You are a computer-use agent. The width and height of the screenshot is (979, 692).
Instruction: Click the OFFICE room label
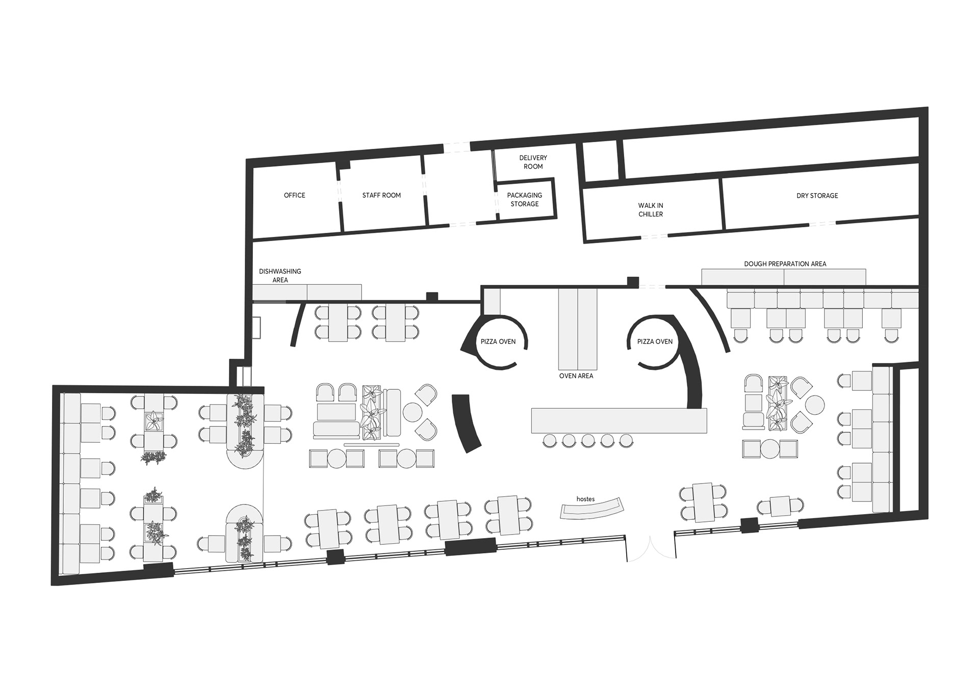[x=294, y=195]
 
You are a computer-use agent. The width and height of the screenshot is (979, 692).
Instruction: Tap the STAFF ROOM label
[x=381, y=195]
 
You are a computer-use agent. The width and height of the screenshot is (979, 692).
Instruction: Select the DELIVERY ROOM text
[x=533, y=162]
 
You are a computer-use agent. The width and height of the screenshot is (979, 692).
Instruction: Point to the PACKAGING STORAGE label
[x=525, y=199]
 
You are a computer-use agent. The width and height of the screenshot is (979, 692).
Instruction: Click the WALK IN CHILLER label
[x=651, y=210]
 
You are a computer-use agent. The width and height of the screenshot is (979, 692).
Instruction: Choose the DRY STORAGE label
[x=817, y=196]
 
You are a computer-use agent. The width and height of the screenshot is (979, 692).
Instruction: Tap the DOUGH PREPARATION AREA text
[x=785, y=264]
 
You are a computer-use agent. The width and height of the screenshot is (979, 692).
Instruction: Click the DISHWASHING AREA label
[x=280, y=276]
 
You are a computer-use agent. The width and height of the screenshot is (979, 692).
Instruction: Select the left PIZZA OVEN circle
[x=498, y=318]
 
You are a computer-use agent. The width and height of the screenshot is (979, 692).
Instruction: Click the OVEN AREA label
[x=576, y=376]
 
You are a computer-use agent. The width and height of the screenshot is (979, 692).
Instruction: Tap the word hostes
[x=585, y=499]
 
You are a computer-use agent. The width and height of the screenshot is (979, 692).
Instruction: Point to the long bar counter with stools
[x=619, y=420]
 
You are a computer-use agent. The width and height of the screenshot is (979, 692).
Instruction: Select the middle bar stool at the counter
[x=588, y=441]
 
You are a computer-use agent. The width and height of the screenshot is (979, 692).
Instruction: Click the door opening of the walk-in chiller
[x=654, y=236]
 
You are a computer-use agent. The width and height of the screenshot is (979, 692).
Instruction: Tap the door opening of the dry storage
[x=822, y=223]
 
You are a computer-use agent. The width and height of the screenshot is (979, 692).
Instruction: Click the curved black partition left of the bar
[x=467, y=423]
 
